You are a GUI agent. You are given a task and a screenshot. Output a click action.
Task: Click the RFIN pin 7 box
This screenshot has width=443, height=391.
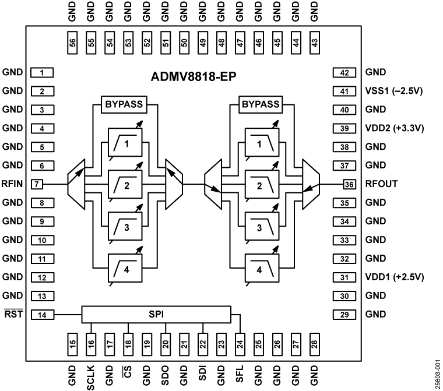[38, 184]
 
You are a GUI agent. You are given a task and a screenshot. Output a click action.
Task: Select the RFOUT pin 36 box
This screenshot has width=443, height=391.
[349, 184]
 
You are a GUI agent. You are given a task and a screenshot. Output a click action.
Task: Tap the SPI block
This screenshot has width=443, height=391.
[156, 314]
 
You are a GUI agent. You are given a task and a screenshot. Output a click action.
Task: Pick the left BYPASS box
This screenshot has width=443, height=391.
[124, 105]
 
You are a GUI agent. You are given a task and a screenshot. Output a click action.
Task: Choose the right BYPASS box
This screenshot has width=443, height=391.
[260, 105]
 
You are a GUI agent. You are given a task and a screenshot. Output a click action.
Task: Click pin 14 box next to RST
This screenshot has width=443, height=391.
[42, 314]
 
